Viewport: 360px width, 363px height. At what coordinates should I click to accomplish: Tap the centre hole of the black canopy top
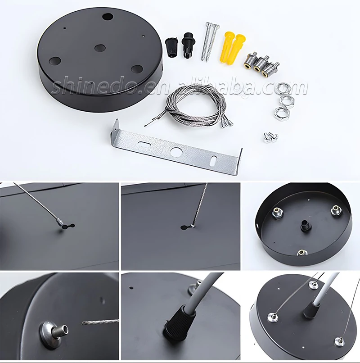[100, 48]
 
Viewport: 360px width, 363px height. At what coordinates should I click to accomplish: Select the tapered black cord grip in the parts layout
[171, 47]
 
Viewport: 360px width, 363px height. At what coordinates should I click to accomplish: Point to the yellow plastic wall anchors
[232, 49]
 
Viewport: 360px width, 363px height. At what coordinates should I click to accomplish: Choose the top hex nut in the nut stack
[283, 88]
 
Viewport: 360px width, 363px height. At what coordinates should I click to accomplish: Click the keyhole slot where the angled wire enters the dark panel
[67, 226]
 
